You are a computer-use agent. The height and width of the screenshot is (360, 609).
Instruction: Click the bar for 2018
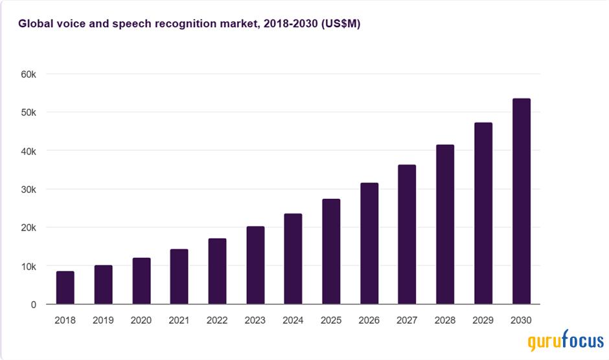(65, 287)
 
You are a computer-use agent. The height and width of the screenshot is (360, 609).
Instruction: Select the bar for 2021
(179, 276)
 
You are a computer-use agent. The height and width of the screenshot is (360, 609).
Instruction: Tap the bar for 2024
(293, 259)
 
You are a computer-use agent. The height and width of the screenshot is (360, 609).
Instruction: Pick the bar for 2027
(407, 234)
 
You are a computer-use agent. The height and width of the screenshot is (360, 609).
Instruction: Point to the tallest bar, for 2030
(522, 201)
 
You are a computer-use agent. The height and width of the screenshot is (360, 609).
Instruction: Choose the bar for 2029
(483, 213)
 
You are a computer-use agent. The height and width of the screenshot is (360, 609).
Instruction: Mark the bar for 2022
(217, 271)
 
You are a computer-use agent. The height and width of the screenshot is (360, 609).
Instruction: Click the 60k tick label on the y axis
(28, 74)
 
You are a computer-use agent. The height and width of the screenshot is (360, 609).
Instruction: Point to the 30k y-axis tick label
(28, 189)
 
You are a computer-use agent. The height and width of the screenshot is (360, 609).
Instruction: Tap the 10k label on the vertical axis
(28, 266)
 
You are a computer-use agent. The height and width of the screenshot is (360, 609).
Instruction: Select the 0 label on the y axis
(33, 304)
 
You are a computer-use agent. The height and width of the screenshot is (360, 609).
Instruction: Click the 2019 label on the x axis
(103, 320)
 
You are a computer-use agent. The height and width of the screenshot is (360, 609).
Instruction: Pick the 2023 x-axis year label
(255, 320)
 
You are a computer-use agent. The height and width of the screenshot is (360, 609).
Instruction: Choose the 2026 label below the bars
(369, 320)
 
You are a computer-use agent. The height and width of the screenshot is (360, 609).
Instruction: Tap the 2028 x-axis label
(445, 320)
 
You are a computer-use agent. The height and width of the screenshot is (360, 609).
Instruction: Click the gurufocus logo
(565, 341)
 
